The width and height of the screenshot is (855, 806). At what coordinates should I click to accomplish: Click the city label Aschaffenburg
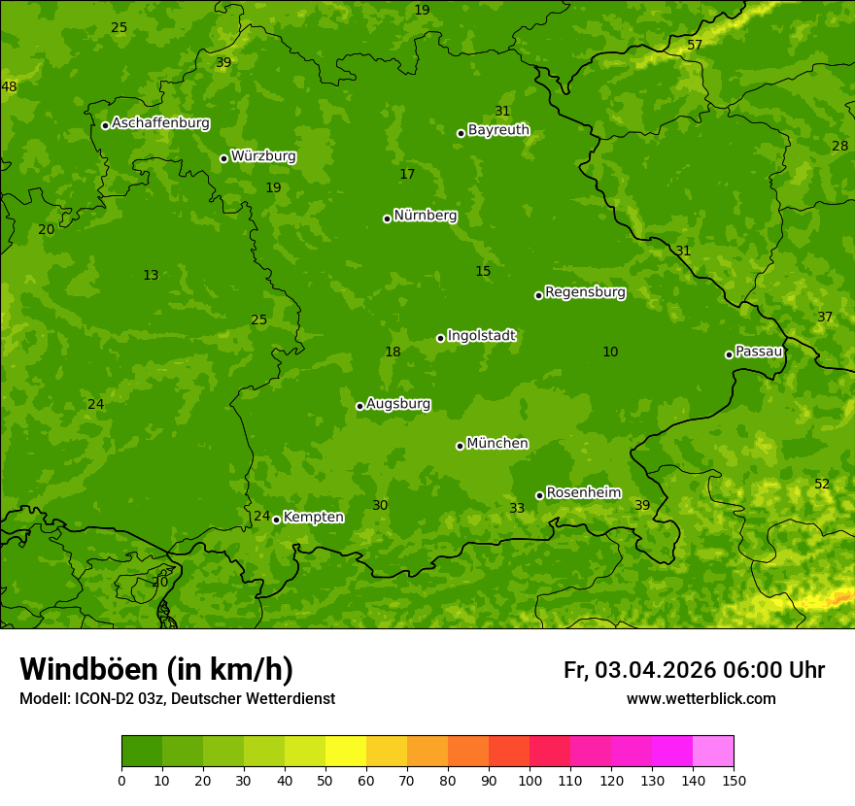point(160,123)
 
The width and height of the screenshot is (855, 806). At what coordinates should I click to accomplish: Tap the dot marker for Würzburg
point(223,158)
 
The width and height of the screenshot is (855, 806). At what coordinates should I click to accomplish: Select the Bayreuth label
point(498,130)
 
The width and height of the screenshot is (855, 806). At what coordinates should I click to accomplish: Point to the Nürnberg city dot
point(387,218)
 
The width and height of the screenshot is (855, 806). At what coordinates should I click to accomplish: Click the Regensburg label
point(585,292)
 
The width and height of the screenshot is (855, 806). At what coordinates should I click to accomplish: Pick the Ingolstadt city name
point(481,336)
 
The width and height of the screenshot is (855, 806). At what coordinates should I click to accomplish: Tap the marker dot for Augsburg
point(359,406)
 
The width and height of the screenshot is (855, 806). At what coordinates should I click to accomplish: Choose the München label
point(497,444)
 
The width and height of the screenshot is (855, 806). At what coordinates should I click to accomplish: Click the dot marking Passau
point(729,354)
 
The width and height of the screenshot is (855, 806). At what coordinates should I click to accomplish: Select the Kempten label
point(313,518)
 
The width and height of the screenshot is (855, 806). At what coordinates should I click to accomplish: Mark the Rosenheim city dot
point(539,495)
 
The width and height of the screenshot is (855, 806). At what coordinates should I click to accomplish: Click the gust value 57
point(695,46)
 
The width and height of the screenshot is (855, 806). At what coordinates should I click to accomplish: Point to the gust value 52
point(822,485)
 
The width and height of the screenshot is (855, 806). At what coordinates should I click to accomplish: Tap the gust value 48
point(9,87)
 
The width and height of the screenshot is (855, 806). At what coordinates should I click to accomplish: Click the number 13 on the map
point(151,276)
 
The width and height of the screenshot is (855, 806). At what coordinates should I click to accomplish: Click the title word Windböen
point(88,669)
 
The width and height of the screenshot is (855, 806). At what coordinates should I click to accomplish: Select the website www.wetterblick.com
point(701,699)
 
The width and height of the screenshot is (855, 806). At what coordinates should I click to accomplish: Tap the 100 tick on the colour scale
point(530,780)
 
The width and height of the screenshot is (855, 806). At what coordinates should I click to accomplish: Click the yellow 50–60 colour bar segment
point(346,752)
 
